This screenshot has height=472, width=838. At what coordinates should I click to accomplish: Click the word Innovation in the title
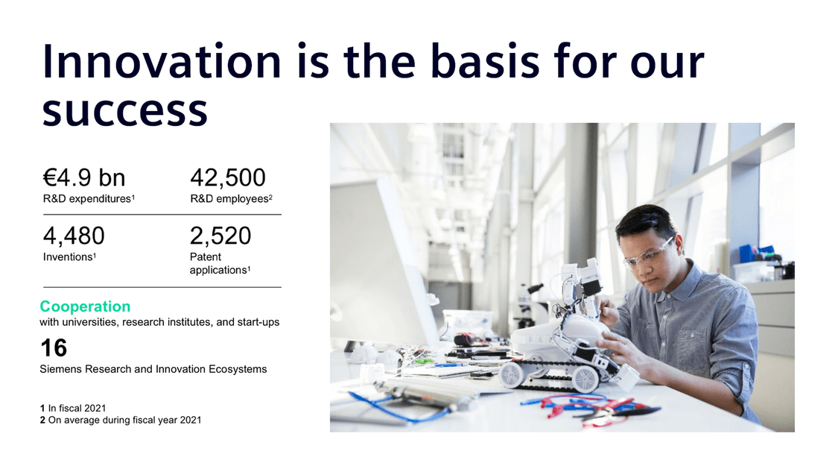tap(162, 61)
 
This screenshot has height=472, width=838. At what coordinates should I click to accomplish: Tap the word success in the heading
tap(125, 111)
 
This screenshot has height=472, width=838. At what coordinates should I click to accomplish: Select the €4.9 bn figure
tap(84, 177)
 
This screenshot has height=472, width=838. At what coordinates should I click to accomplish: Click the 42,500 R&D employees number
tap(228, 177)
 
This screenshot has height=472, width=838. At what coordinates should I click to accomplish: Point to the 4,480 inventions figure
tap(74, 236)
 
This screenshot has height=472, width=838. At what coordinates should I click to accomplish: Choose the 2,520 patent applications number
tap(220, 236)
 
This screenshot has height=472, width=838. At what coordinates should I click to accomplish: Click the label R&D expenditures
tap(87, 199)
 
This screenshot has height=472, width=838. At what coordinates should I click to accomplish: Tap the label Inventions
tap(68, 257)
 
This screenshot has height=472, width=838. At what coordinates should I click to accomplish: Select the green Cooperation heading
tap(85, 306)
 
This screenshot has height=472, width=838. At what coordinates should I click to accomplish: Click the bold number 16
tap(54, 348)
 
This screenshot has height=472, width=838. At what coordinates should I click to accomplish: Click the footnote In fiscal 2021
tap(77, 409)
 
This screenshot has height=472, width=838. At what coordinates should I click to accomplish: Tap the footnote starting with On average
tap(124, 420)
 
